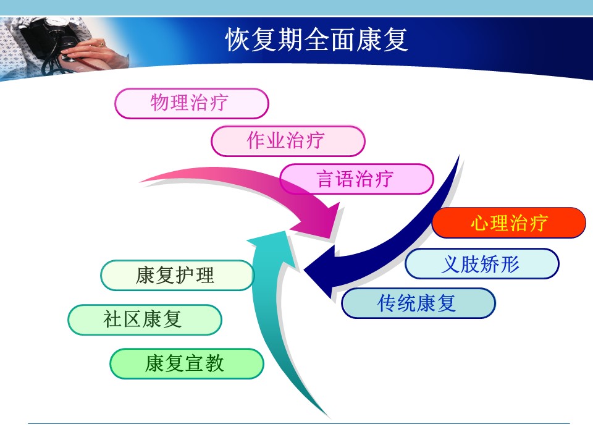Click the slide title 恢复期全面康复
(316, 40)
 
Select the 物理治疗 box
(191, 103)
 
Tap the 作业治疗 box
(288, 141)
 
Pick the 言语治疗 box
(356, 179)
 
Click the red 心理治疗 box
(509, 222)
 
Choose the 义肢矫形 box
(482, 264)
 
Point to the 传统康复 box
(418, 303)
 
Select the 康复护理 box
(177, 276)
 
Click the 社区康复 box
(145, 320)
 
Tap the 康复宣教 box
(187, 363)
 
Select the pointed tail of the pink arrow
(141, 182)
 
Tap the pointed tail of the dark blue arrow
(459, 156)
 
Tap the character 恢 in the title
(238, 40)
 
